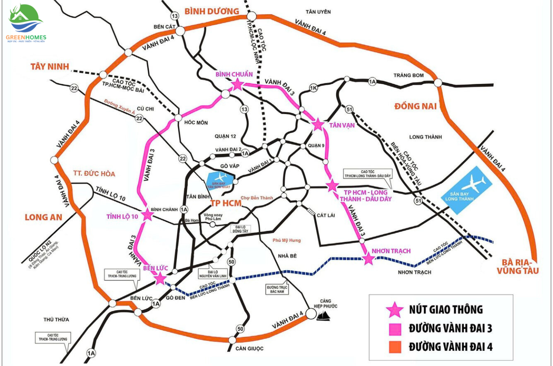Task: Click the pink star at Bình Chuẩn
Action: pos(237,85)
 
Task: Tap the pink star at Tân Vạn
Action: pos(318,124)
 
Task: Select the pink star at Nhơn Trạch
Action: pos(368,258)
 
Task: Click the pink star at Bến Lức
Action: pos(160,278)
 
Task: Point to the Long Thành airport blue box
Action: pos(466,191)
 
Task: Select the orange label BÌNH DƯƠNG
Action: pos(212,11)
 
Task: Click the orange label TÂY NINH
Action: pos(50,67)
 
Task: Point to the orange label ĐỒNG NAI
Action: pos(415,106)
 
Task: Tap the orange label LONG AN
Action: pos(43,217)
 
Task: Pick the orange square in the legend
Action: pos(395,347)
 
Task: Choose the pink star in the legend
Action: pos(394,310)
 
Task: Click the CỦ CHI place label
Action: pos(145,109)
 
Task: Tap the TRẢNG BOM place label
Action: pos(408,75)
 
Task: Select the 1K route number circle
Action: pos(314,89)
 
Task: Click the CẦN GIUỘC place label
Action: pos(249,348)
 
